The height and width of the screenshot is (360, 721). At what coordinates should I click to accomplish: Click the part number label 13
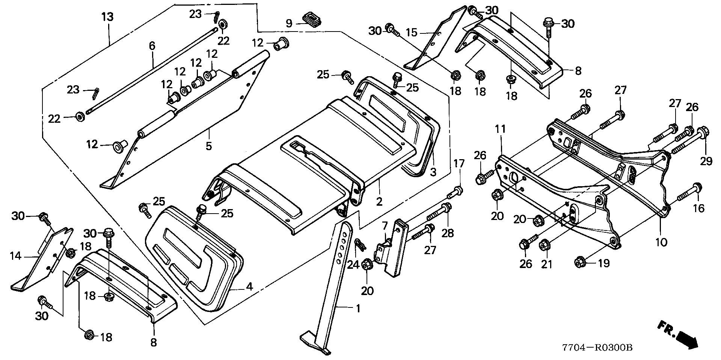click(x=107, y=17)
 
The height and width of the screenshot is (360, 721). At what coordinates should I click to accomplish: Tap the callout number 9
click(x=289, y=24)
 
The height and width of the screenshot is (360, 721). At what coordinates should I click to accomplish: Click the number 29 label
click(x=706, y=161)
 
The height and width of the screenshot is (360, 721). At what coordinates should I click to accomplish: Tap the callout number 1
click(x=358, y=309)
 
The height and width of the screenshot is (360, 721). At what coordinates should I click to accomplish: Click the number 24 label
click(x=353, y=265)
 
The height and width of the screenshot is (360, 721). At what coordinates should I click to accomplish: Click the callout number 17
click(x=459, y=164)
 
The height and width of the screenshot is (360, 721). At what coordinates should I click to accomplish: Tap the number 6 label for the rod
click(x=152, y=46)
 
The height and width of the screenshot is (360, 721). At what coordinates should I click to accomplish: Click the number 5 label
click(x=208, y=146)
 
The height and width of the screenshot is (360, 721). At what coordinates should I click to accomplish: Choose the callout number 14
click(x=15, y=256)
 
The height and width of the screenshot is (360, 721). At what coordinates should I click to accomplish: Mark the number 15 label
click(x=412, y=32)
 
